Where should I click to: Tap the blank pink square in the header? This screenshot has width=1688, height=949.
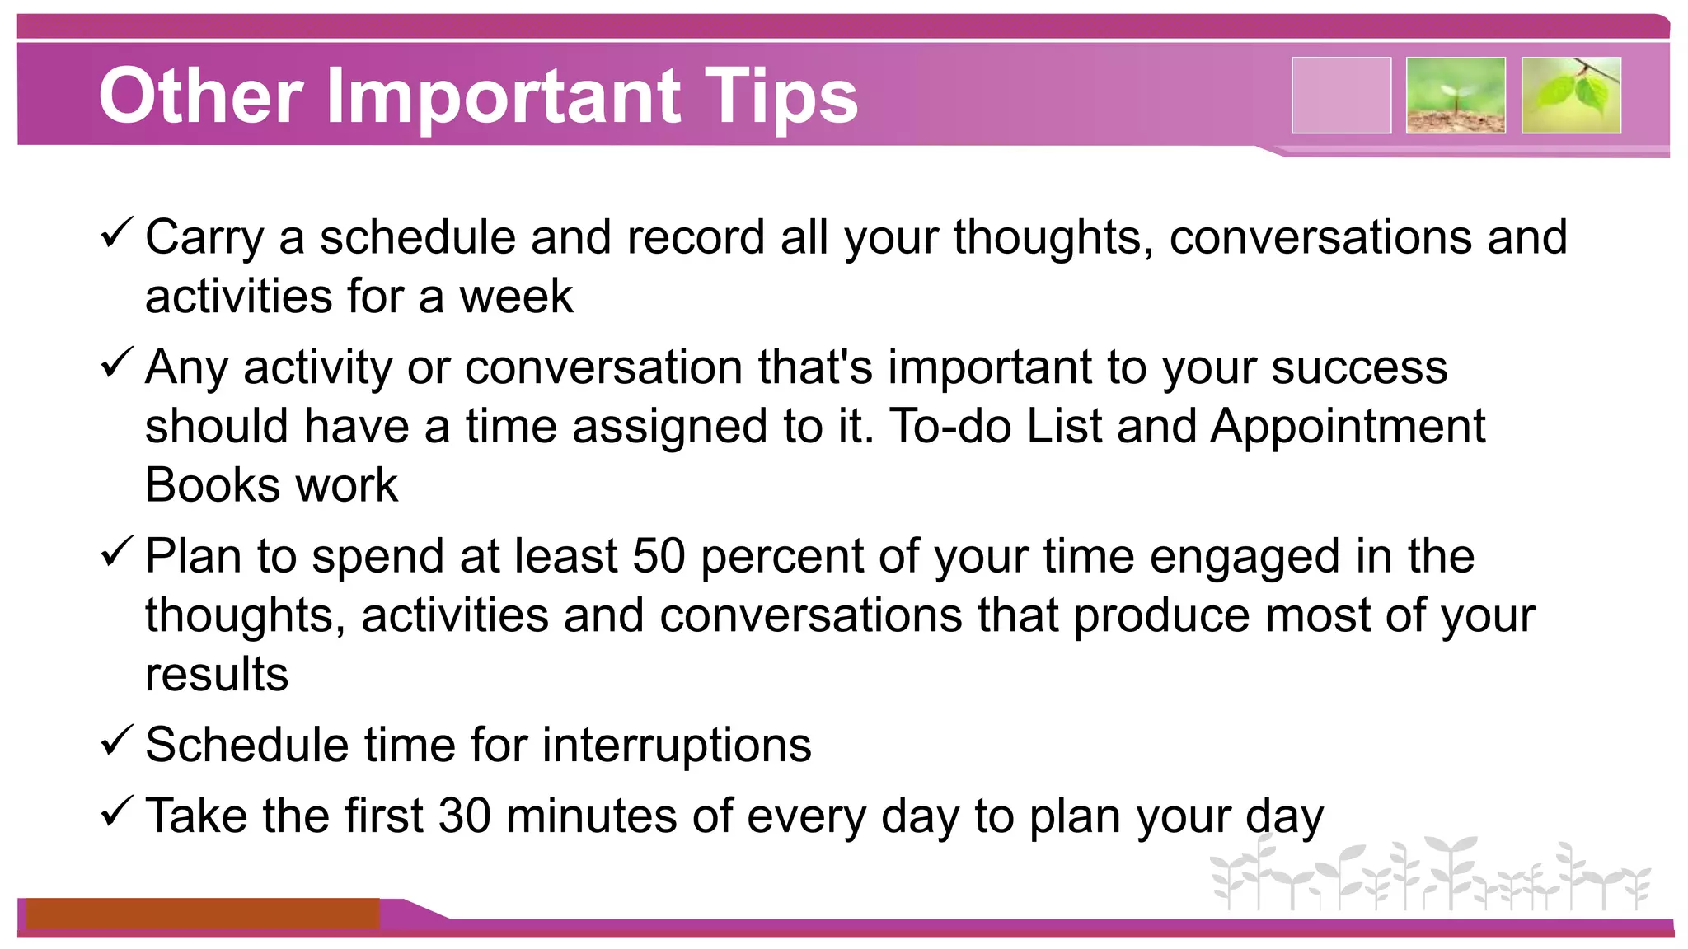(1341, 95)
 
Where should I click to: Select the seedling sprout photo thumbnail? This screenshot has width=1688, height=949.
(1456, 95)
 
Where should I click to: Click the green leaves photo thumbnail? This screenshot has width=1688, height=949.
(1571, 95)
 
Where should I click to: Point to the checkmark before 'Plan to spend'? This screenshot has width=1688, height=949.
(116, 552)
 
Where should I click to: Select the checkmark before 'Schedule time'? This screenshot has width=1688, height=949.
(116, 741)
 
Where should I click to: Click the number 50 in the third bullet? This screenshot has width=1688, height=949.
(659, 556)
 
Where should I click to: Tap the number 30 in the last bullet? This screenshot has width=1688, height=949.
(464, 816)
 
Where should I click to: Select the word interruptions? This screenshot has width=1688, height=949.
(677, 746)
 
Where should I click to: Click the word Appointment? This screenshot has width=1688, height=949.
(1348, 427)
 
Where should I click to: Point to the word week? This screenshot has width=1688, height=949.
(516, 297)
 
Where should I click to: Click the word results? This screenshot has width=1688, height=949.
(217, 675)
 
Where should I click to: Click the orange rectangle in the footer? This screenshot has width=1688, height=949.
(203, 914)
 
